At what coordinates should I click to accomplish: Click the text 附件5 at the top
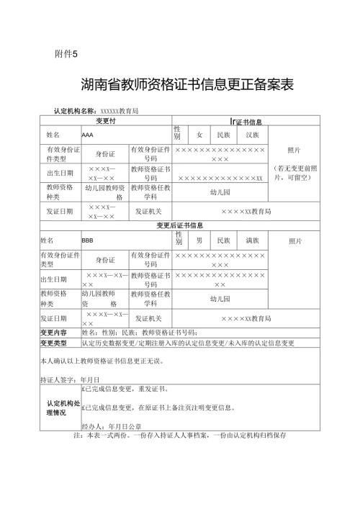[x=66, y=54]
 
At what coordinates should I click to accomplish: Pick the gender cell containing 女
[x=199, y=135]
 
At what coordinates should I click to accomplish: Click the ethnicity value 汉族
[x=253, y=135]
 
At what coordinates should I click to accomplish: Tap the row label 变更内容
[x=53, y=333]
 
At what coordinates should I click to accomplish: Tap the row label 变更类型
[x=53, y=343]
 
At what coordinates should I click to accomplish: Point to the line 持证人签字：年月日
[x=70, y=379]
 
